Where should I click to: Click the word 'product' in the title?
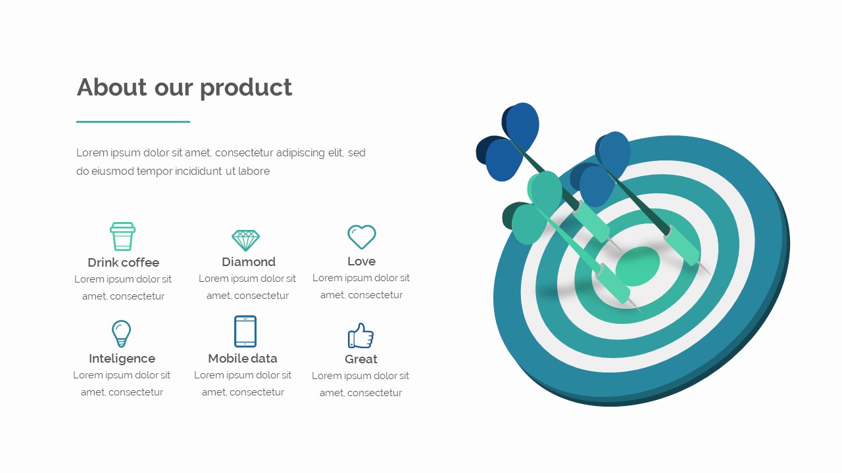[246, 87]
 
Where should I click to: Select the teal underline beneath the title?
[133, 122]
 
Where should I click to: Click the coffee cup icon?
[122, 236]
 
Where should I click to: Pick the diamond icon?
[246, 240]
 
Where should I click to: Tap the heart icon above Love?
[361, 236]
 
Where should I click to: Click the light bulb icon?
[121, 333]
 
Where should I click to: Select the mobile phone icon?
[245, 331]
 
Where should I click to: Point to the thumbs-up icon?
[360, 336]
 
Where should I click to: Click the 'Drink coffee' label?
[123, 263]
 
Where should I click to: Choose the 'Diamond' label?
[249, 262]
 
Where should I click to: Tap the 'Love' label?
[361, 261]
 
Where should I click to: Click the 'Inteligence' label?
[122, 359]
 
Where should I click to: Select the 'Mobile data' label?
[243, 359]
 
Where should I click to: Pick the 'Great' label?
[361, 359]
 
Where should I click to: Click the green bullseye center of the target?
[637, 266]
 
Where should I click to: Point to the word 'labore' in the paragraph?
[254, 171]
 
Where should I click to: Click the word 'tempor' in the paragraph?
[154, 171]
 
